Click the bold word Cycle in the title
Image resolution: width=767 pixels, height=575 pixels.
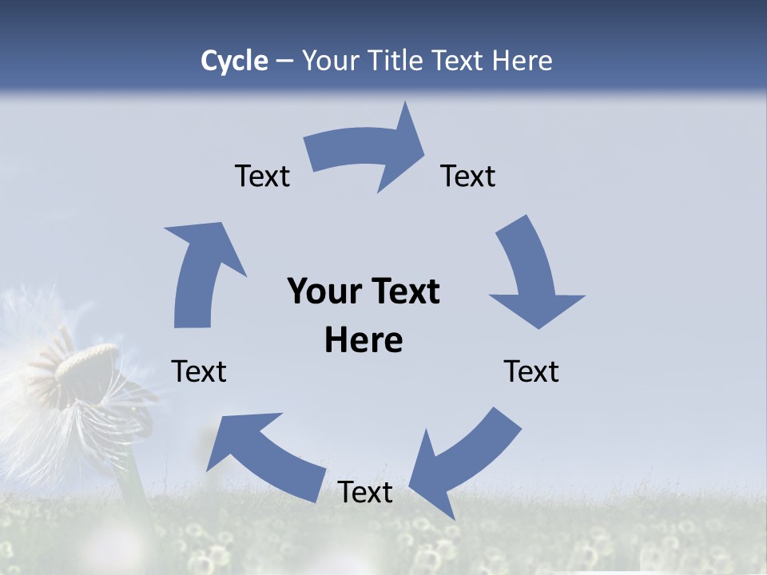(234, 61)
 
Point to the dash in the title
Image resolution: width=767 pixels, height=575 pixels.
(284, 61)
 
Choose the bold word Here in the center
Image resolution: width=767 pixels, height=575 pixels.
(364, 340)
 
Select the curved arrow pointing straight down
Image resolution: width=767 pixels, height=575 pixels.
(531, 276)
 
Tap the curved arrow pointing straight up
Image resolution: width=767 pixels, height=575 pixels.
(200, 272)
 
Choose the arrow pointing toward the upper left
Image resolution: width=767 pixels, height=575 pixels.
(264, 451)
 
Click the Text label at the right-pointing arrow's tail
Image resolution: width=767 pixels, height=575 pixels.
(262, 176)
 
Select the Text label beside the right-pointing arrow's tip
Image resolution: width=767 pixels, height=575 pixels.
(468, 176)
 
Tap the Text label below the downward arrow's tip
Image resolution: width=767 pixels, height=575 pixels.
(531, 371)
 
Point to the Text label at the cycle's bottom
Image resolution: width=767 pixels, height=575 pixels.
(365, 492)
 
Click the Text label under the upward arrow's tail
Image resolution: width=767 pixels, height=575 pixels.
(199, 371)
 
